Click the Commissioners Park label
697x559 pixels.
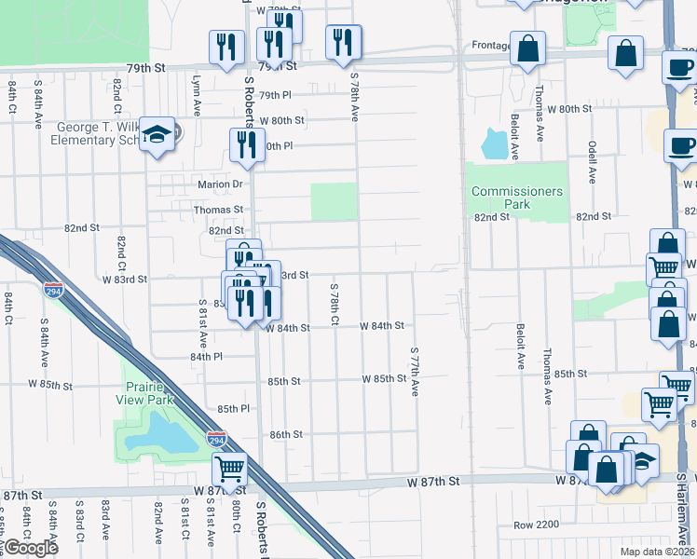pos(517,198)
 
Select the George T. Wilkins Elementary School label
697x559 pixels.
pos(98,133)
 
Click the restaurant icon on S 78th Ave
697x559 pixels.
pos(343,42)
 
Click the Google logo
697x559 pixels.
pos(31,548)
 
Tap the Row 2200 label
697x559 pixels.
pos(536,525)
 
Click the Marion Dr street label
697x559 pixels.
pos(219,184)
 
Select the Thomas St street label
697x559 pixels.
pos(218,211)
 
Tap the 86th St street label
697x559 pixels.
pos(285,434)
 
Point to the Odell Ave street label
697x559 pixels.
pos(592,161)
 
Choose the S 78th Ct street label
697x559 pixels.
pos(333,307)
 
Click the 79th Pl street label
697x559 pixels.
pos(275,96)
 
